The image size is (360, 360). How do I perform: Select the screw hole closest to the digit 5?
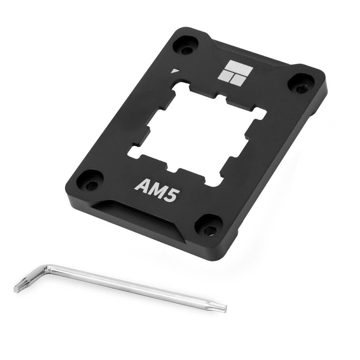(209, 226)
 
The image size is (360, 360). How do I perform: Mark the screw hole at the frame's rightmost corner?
(301, 85)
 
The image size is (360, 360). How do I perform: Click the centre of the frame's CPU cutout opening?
(197, 134)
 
